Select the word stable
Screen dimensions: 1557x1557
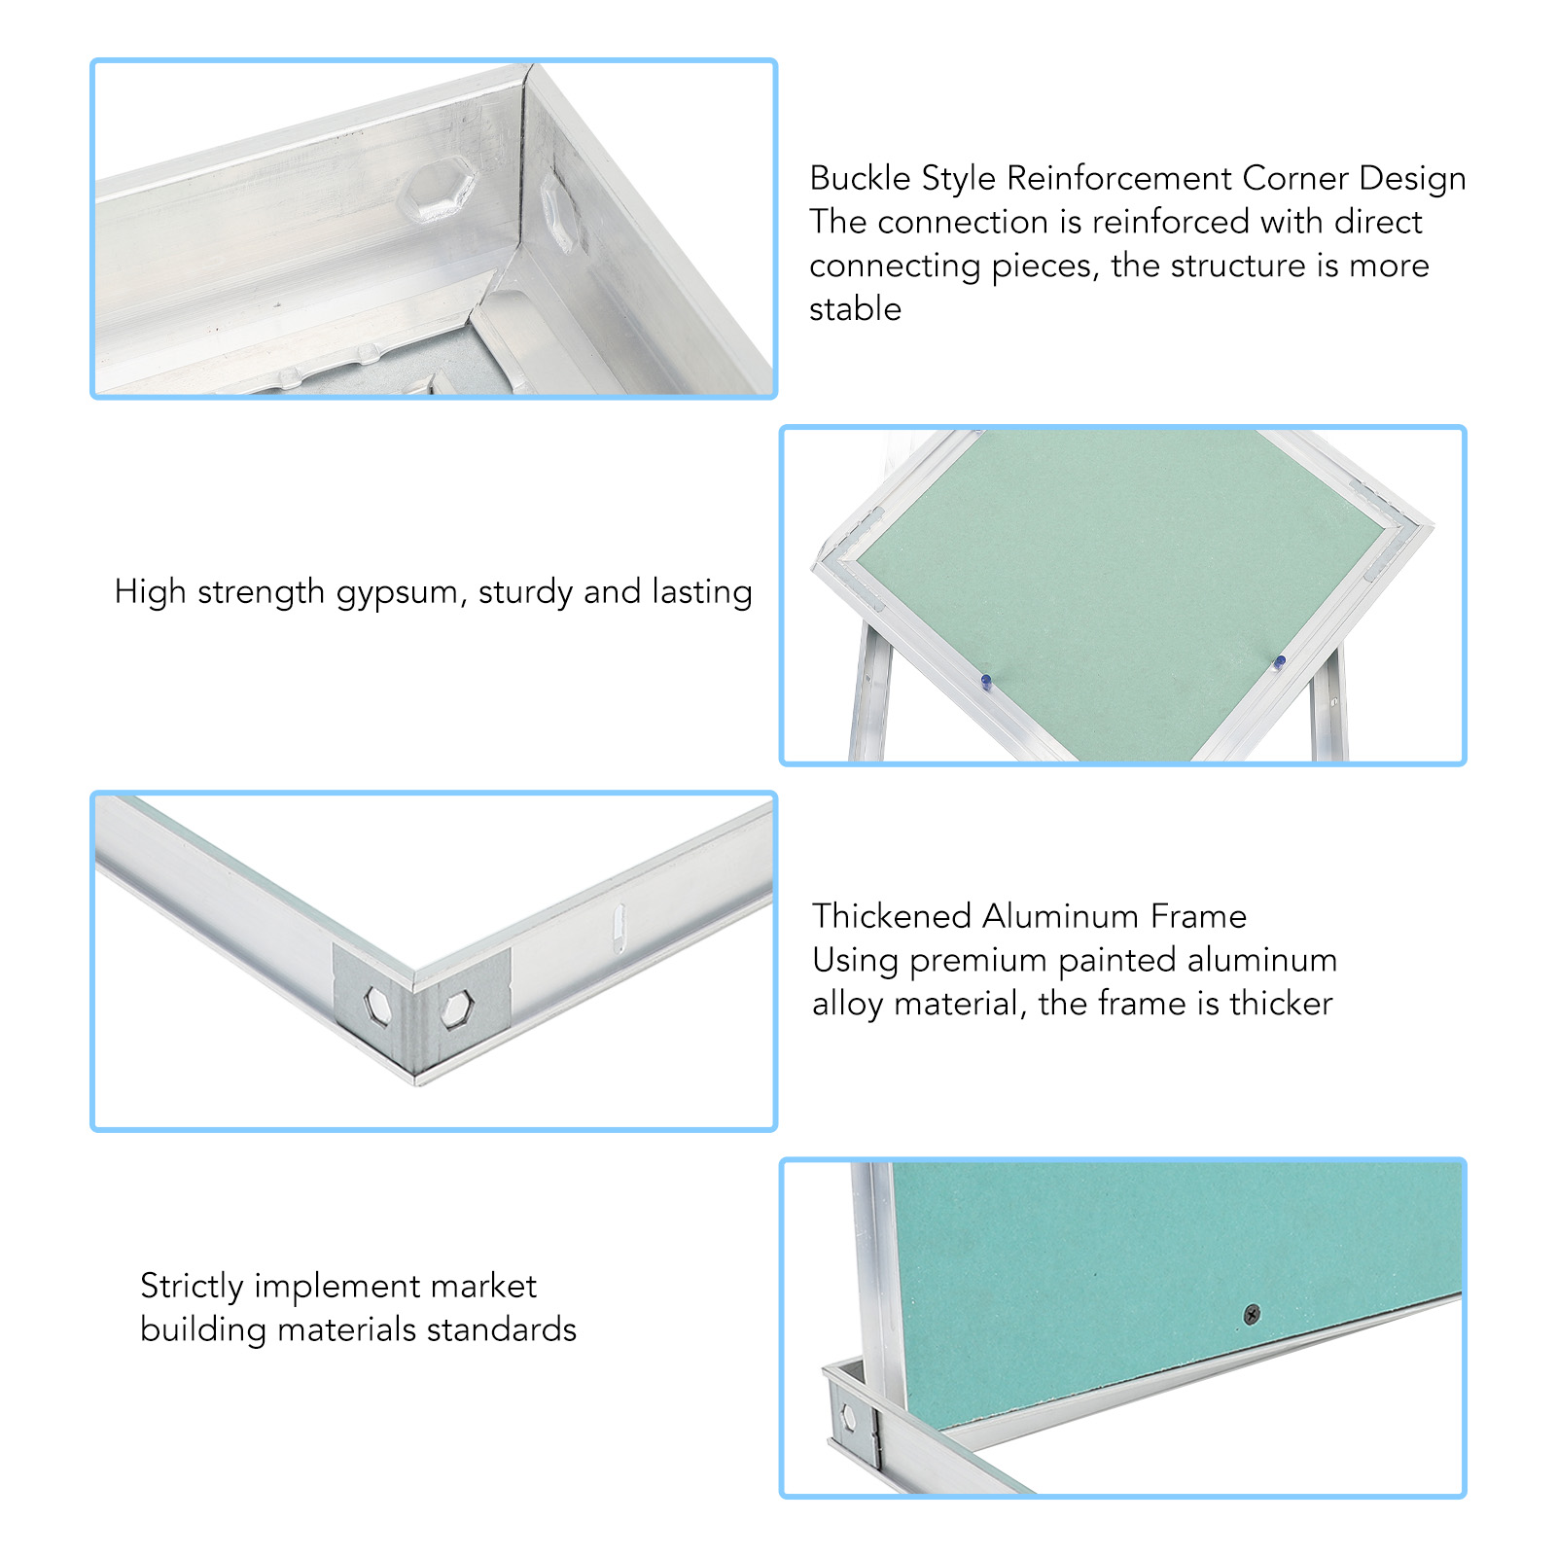[x=856, y=309]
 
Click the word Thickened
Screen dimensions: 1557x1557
[x=892, y=916]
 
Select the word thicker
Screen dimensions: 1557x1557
[x=1281, y=1004]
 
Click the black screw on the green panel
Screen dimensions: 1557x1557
[x=1253, y=1315]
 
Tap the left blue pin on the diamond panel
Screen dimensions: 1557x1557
[x=986, y=682]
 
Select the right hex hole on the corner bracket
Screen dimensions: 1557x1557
[x=456, y=1009]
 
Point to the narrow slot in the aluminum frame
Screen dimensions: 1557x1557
[x=619, y=927]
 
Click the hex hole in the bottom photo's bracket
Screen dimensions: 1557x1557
[x=848, y=1417]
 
